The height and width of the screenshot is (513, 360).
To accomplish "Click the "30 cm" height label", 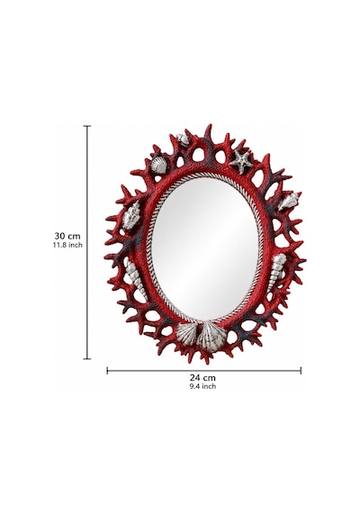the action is tap(67, 236).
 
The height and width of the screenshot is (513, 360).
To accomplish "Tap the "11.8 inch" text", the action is tap(67, 245).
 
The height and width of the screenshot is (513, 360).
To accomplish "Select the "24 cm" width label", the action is tap(202, 378).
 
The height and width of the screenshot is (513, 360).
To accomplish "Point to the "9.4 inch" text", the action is tap(202, 386).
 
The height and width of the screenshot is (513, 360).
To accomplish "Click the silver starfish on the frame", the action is tap(241, 161).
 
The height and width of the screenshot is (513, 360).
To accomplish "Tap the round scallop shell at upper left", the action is tap(158, 166).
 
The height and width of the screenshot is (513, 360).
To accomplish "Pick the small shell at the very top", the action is tap(183, 139).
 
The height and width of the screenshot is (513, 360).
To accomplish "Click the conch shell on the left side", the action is tap(131, 215).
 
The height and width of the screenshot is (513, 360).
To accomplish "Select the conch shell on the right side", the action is tap(289, 202).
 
